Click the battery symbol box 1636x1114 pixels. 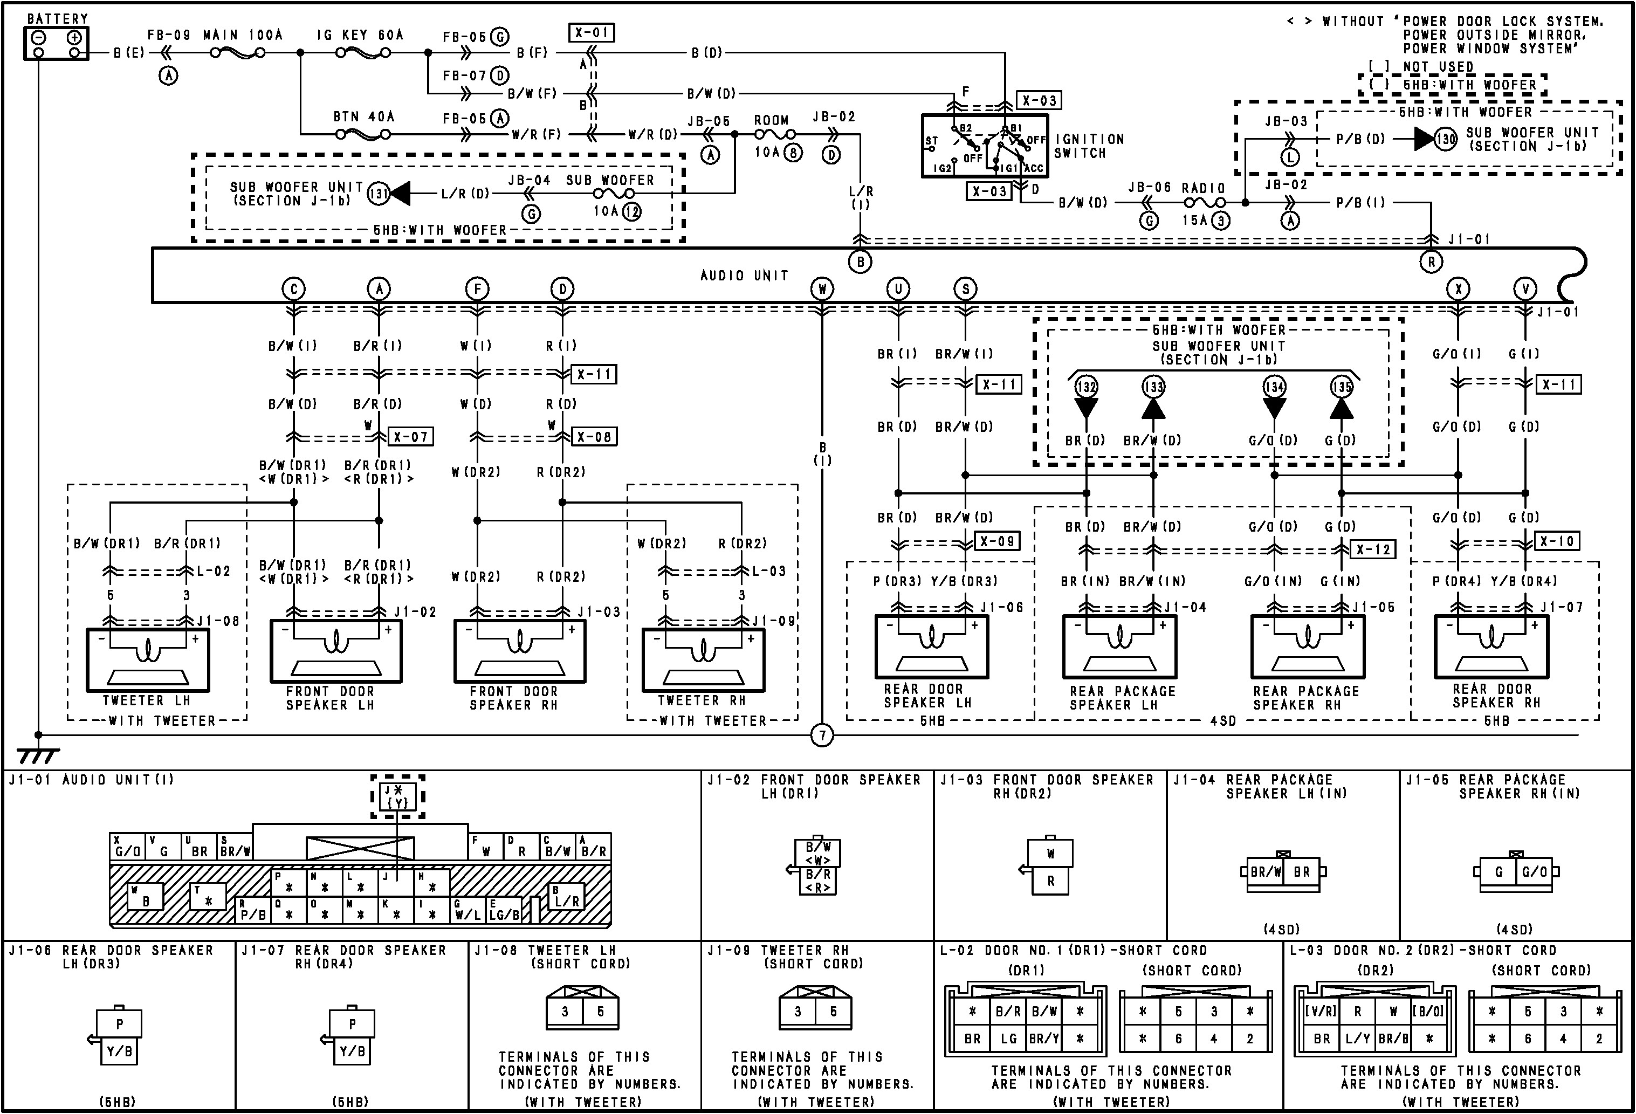[x=56, y=44]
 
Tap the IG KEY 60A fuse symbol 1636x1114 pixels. [x=362, y=52]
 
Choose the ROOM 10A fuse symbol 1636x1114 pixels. [x=775, y=134]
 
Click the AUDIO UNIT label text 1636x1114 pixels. [x=744, y=275]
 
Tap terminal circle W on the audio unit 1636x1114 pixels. [x=822, y=288]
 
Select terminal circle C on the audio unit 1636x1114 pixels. [x=293, y=288]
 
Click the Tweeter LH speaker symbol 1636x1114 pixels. [x=148, y=660]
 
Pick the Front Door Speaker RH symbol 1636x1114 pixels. [x=519, y=651]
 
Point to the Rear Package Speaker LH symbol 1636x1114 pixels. [x=1119, y=647]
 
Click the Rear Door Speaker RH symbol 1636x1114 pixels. [x=1491, y=647]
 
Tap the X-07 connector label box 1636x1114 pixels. [x=411, y=436]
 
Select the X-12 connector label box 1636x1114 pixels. [x=1373, y=549]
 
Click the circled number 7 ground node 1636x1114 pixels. [x=822, y=736]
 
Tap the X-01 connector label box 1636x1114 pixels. [x=592, y=33]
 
